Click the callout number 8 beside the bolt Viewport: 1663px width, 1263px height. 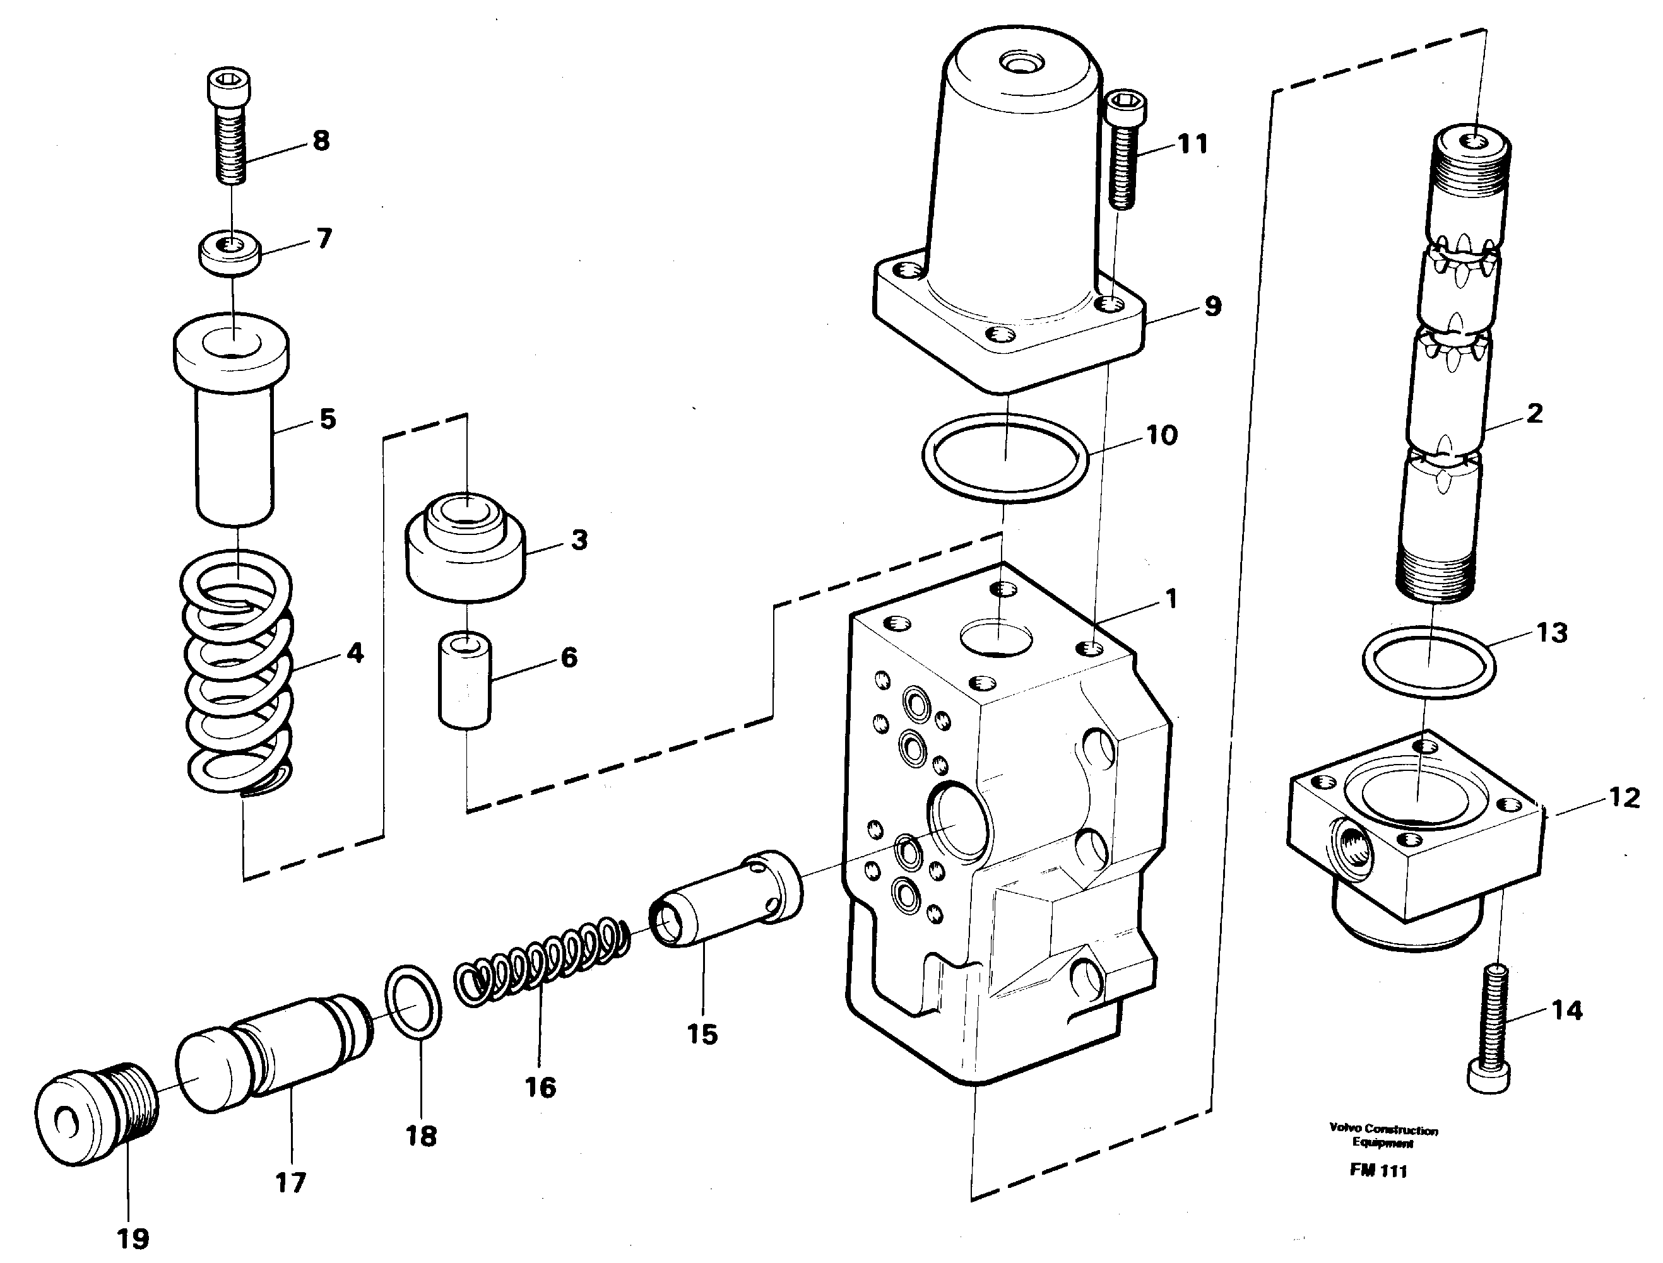[321, 141]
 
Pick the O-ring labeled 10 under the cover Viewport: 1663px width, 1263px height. [1005, 460]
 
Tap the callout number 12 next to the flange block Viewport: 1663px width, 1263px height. [1623, 797]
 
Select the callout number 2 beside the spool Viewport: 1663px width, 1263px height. [1534, 413]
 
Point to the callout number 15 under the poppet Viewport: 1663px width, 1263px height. [702, 1035]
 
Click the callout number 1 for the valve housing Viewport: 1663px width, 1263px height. [1170, 599]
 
